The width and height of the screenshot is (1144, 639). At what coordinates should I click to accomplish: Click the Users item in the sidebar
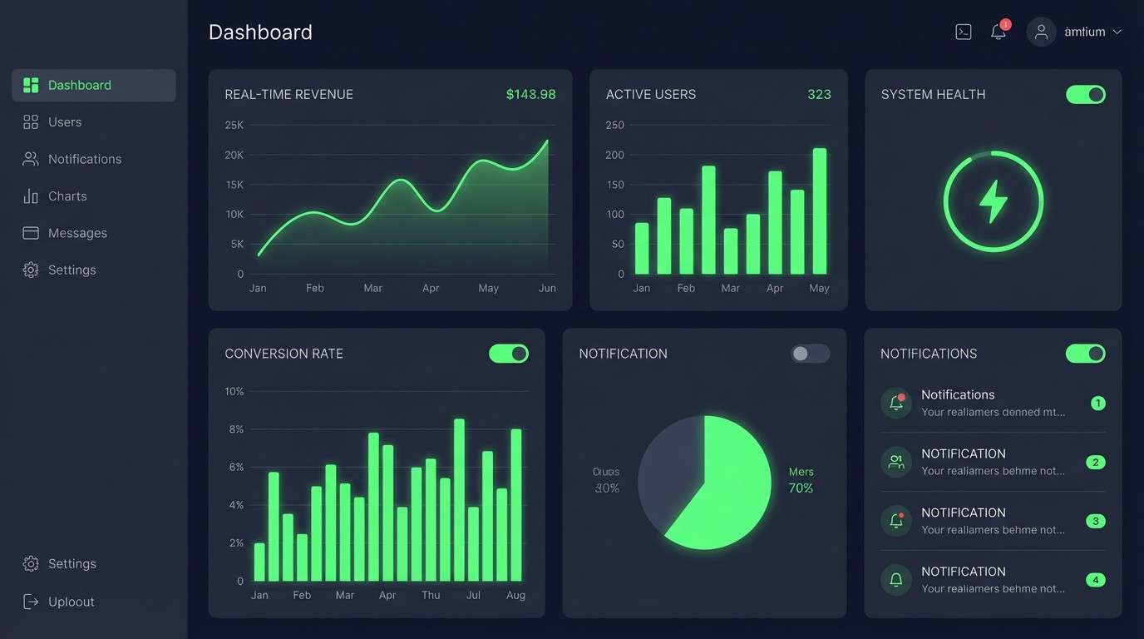point(64,122)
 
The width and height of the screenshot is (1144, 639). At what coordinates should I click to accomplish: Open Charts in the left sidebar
point(67,196)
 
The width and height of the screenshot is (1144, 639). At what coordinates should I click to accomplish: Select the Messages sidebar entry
point(76,233)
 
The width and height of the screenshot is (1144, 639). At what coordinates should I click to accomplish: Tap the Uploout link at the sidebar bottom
point(71,602)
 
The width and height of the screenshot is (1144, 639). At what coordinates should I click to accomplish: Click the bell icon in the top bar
point(999,32)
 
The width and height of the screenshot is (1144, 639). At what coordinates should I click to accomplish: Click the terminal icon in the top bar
point(964,32)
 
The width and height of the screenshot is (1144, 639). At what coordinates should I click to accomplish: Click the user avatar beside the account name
point(1041,32)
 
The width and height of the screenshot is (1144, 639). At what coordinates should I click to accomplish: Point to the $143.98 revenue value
point(530,95)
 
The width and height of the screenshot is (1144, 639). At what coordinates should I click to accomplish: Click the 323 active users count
point(819,95)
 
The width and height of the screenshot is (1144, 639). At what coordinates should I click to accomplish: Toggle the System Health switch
point(1086,95)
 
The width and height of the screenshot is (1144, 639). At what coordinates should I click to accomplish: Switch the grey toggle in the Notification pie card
point(810,354)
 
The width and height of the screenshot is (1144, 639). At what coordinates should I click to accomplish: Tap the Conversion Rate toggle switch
point(509,354)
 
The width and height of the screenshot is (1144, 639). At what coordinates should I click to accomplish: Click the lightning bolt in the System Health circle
point(994,201)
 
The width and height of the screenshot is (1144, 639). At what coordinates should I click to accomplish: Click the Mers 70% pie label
point(801,480)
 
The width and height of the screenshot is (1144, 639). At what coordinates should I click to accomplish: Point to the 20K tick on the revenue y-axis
point(234,155)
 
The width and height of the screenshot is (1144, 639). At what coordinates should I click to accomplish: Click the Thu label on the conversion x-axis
point(431,595)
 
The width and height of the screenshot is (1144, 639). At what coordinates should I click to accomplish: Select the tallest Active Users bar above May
point(820,211)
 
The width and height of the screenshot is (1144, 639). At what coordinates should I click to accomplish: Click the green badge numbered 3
point(1096,522)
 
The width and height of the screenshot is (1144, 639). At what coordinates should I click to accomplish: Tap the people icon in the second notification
point(896,462)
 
